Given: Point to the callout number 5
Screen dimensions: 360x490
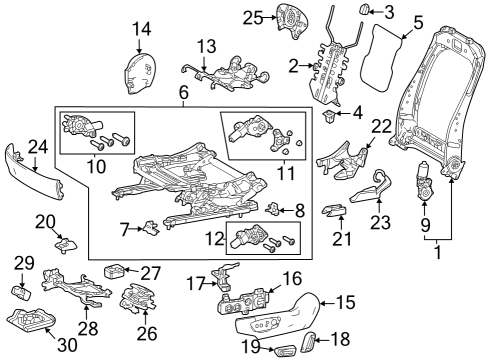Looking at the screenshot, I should (x=418, y=20).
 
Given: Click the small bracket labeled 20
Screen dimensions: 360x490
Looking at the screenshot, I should (x=66, y=241).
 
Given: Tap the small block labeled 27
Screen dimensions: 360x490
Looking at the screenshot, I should (x=115, y=270).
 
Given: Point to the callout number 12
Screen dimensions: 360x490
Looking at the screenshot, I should (x=212, y=240).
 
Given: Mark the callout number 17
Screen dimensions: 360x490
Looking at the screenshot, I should (x=196, y=284).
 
